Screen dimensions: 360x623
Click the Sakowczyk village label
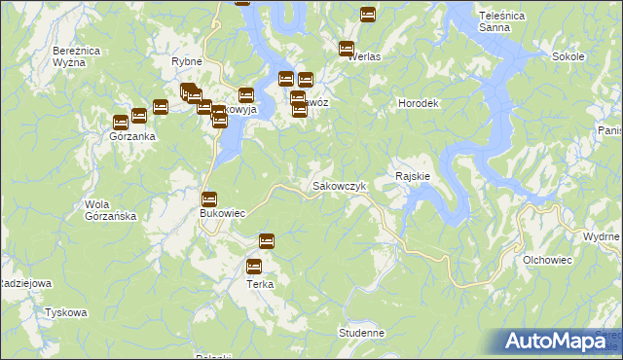pyautogui.click(x=338, y=185)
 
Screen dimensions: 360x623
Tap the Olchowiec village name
pyautogui.click(x=547, y=260)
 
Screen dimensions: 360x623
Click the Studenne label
pyautogui.click(x=362, y=333)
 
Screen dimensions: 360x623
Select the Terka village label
pyautogui.click(x=259, y=284)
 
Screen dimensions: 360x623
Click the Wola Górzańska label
pyautogui.click(x=109, y=210)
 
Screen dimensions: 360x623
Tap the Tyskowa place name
pyautogui.click(x=66, y=312)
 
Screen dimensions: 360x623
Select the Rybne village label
pyautogui.click(x=186, y=61)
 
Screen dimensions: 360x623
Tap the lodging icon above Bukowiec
pyautogui.click(x=208, y=198)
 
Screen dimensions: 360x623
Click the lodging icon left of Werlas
pyautogui.click(x=346, y=49)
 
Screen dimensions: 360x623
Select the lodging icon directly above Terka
pyautogui.click(x=255, y=266)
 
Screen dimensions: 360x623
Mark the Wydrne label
pyautogui.click(x=601, y=236)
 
